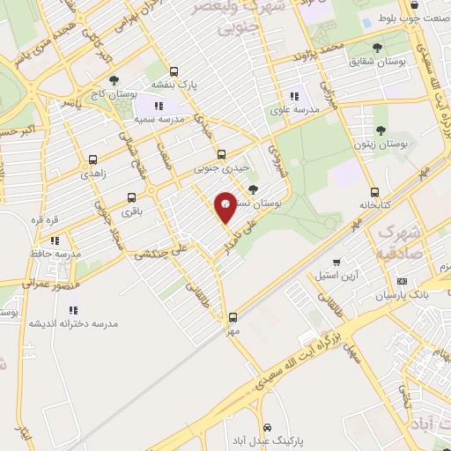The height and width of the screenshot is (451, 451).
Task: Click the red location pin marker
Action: pos(225,205)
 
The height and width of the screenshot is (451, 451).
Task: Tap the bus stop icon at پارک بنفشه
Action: pos(174,71)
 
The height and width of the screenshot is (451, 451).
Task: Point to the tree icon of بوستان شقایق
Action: pos(378,48)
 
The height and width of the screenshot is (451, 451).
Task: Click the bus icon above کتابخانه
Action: pos(374,191)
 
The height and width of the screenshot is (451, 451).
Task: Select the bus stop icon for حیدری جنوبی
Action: pos(221,152)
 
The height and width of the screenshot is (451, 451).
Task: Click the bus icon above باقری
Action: pos(131,198)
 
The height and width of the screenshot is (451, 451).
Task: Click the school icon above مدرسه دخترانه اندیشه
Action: pos(73,310)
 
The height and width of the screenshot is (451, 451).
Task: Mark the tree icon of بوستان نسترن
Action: pos(255,189)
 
